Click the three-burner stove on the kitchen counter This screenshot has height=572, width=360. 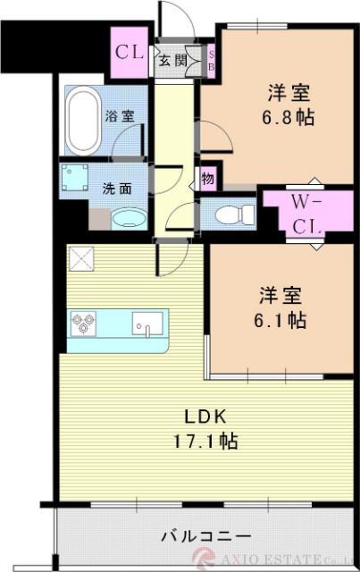85,323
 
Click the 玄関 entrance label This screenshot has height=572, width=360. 173,61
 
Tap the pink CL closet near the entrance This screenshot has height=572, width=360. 129,52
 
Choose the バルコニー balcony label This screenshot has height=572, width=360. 205,536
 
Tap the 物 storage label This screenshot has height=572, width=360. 207,179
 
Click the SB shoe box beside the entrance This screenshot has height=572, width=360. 211,61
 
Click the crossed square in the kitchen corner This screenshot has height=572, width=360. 80,259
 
